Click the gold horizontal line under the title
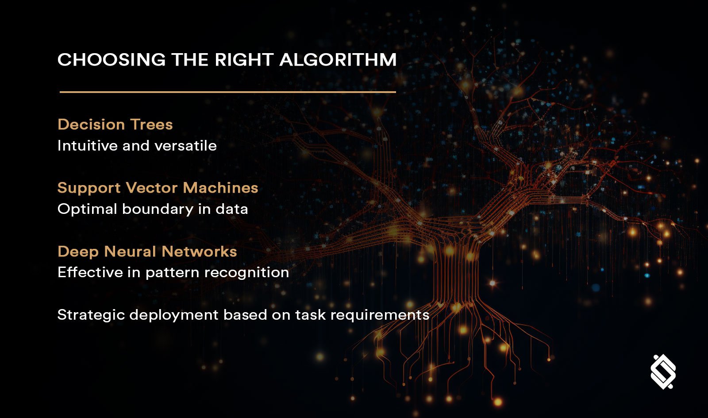[x=227, y=92]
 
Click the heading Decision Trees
[x=115, y=124]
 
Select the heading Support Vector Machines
[x=158, y=188]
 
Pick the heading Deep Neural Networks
[x=147, y=252]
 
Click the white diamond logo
[x=663, y=372]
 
